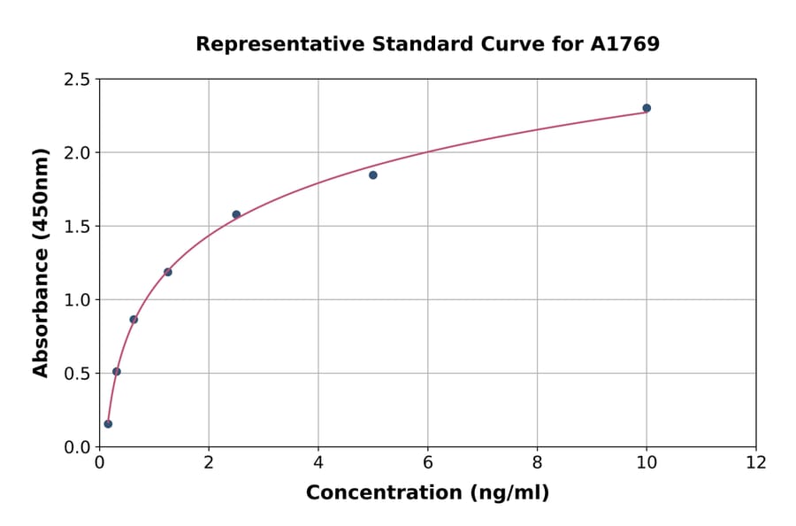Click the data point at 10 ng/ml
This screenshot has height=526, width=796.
coord(647,108)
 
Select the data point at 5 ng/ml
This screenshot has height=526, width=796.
coord(373,175)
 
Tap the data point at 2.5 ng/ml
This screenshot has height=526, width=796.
coord(236,214)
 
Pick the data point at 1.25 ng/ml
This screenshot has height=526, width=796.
coord(168,272)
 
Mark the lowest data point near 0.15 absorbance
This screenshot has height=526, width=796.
coord(108,424)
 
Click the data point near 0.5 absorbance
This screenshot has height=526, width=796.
coord(117,372)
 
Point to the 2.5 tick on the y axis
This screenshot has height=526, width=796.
coord(77,80)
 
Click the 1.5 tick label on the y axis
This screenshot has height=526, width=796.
coord(77,227)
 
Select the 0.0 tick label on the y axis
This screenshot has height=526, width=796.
coord(77,447)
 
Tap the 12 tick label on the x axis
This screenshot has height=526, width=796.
coord(756,462)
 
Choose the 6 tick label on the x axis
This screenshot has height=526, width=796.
coord(427,462)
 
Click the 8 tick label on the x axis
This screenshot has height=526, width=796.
coord(537,462)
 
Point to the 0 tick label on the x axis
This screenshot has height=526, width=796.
coord(99,462)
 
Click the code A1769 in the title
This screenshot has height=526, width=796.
coord(624,43)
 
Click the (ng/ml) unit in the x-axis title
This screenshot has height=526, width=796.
coord(511,492)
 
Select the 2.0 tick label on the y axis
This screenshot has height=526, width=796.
coord(77,153)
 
